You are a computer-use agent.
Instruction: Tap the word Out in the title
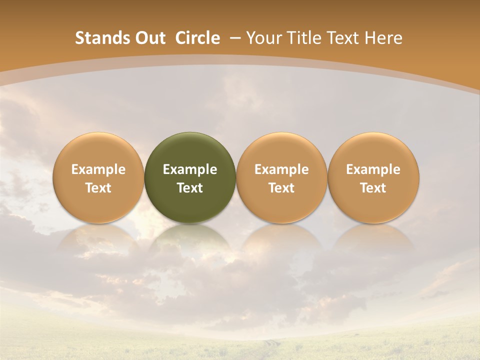coord(148,38)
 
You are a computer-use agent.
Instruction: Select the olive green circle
coord(190,150)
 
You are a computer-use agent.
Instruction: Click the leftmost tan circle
coord(98,150)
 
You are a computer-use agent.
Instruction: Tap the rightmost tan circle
coord(373,150)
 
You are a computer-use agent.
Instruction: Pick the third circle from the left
coord(281,150)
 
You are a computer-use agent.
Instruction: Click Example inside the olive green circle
coord(190,169)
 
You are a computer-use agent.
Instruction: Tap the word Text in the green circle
coord(190,188)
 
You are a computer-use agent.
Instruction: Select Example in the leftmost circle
coord(98,169)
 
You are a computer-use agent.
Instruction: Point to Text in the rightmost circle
coord(373,188)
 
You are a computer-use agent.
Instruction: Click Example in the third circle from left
coord(281,169)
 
